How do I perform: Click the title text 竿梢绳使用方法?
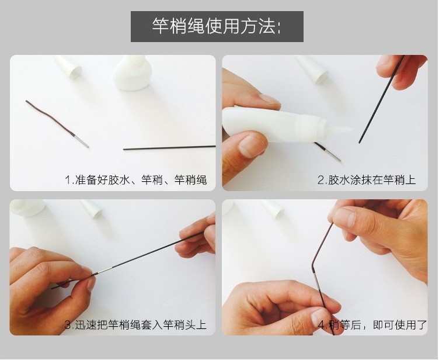click(216, 26)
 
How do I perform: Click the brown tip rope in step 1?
click(51, 119)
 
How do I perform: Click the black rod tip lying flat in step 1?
click(169, 147)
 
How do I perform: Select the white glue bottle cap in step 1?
click(68, 67)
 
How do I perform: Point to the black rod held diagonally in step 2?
click(381, 99)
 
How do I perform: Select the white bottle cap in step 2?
click(313, 69)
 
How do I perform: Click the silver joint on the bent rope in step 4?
click(316, 281)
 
